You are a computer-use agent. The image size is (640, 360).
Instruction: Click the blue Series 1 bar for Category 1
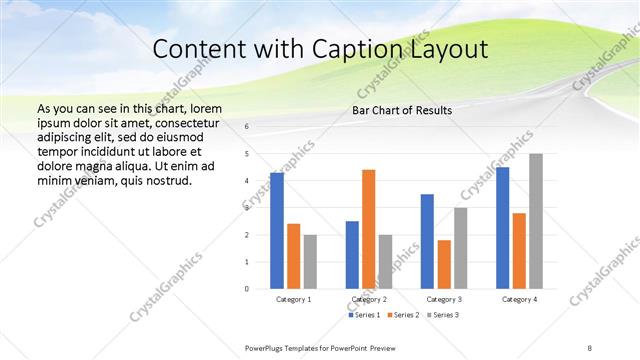point(277,230)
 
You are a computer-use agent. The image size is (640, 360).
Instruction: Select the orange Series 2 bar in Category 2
point(369,229)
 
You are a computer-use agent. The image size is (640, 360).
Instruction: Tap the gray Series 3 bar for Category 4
point(536,221)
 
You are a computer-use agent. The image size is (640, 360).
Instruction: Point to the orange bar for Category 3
point(444,264)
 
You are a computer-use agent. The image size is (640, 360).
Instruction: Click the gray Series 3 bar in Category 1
point(310,261)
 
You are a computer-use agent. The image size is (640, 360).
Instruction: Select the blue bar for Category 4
point(502,227)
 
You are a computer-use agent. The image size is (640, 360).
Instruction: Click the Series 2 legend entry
point(402,315)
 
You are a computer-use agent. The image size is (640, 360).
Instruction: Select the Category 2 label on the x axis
point(369,299)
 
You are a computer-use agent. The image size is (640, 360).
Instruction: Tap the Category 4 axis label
point(519,299)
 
